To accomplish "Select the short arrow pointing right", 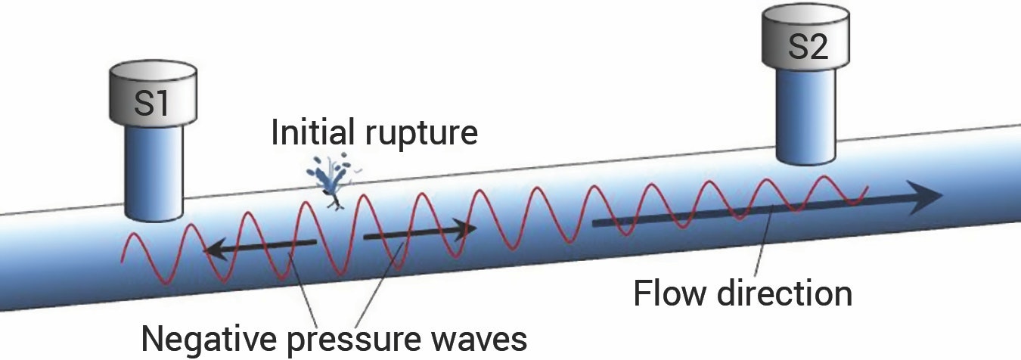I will [x=420, y=231].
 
